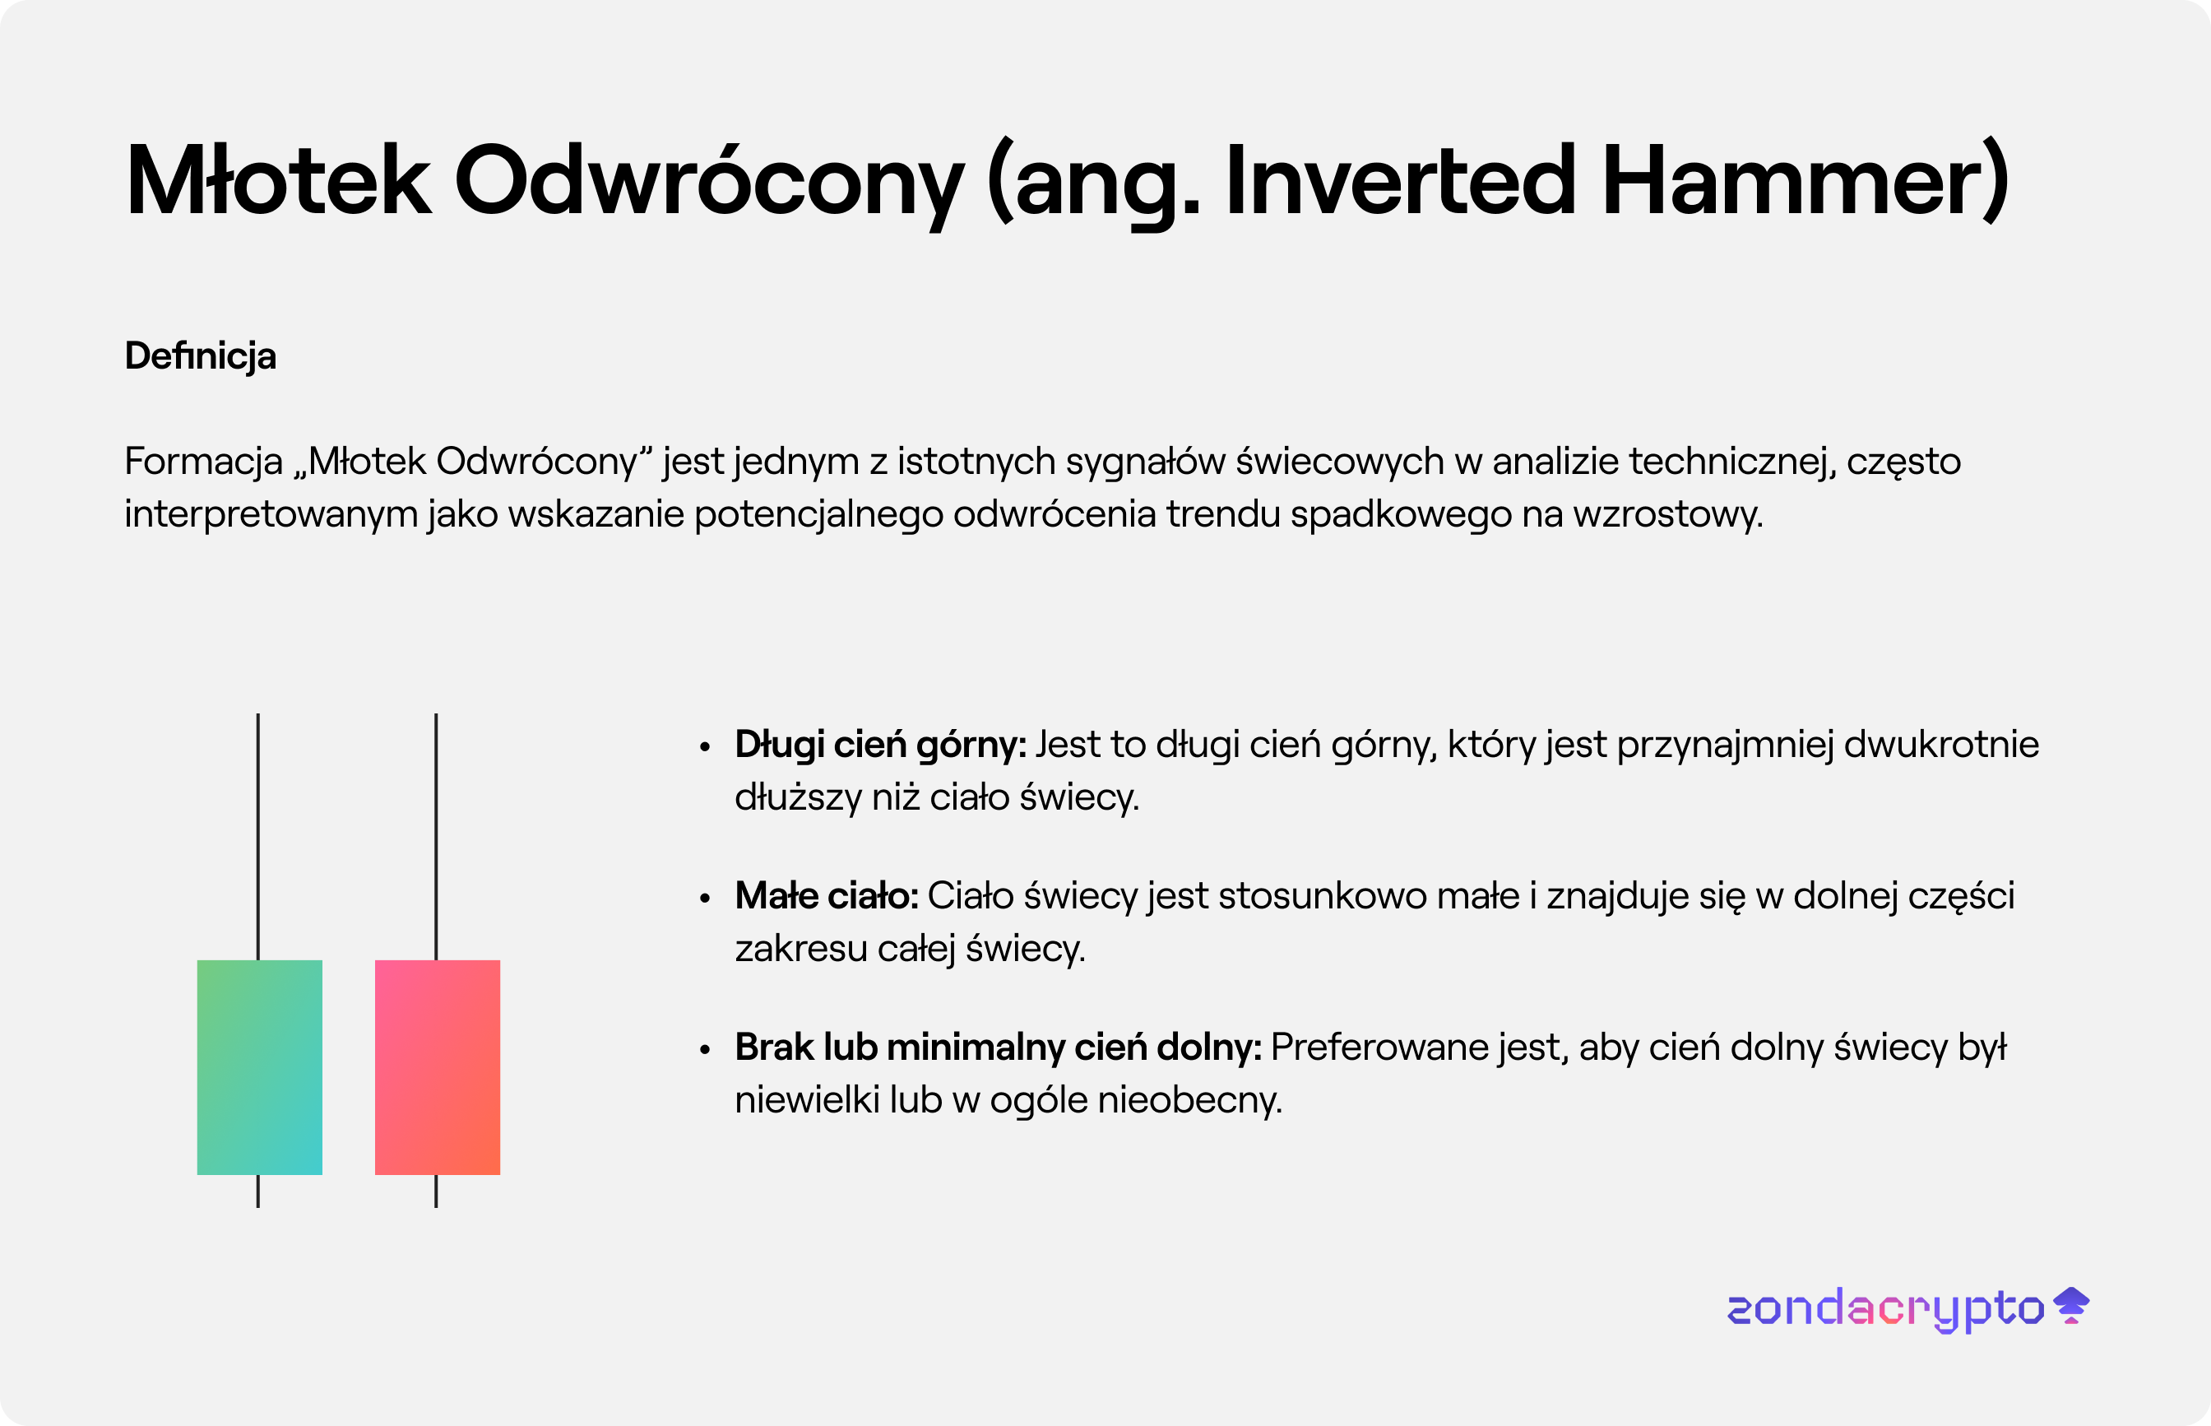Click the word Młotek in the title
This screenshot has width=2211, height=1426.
[x=279, y=179]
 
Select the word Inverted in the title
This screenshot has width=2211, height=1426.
[x=1401, y=179]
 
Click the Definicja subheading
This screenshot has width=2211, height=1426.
[x=201, y=356]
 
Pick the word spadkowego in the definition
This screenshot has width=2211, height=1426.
[x=1401, y=515]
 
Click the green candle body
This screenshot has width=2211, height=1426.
[x=260, y=1066]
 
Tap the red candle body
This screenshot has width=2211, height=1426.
[x=438, y=1066]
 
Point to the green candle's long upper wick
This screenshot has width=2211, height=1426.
[x=258, y=837]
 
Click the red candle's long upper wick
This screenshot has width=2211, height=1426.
[x=436, y=837]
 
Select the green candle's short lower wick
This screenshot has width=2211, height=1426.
[x=258, y=1191]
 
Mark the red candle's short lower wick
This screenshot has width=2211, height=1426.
[x=436, y=1191]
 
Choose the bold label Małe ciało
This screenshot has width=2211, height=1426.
[x=827, y=896]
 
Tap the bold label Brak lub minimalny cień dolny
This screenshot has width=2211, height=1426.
[x=999, y=1047]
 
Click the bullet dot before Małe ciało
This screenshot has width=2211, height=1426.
[x=705, y=897]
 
